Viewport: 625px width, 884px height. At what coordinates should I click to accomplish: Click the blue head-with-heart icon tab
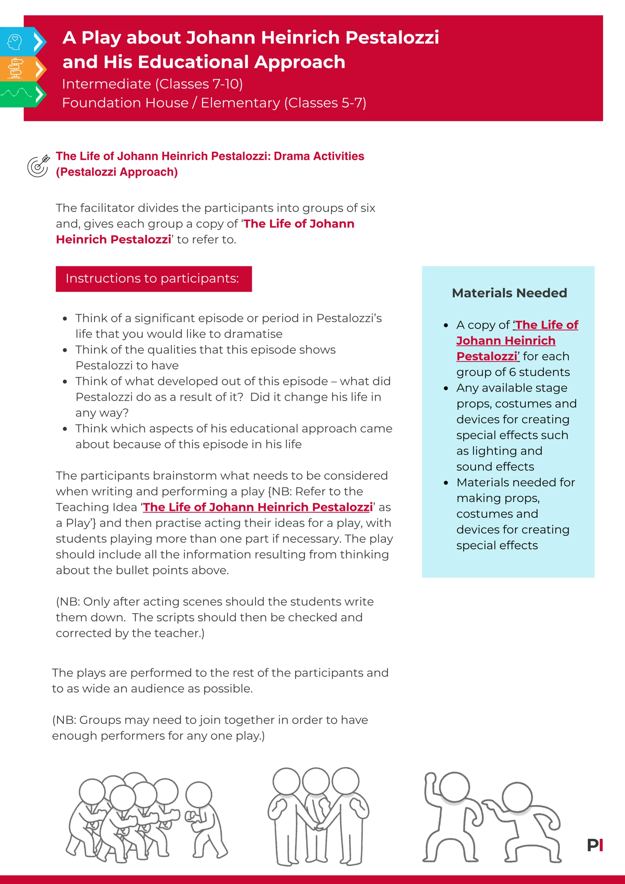coord(15,42)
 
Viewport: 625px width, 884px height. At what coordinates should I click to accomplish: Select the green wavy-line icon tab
coord(16,93)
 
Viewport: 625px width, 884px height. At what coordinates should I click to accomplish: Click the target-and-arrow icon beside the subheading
coord(38,166)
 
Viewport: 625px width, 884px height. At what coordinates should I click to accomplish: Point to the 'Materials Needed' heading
coord(509,293)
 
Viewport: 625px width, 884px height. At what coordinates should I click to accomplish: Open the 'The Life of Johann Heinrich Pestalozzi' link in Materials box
coord(517,340)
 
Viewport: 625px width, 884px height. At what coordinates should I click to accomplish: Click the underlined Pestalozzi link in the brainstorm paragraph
coord(257,507)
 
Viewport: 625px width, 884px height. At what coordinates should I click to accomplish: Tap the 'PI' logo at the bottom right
coord(595,845)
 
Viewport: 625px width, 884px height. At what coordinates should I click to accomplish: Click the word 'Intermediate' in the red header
coord(106,84)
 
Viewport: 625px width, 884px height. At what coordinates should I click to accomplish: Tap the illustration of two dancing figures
coord(492,818)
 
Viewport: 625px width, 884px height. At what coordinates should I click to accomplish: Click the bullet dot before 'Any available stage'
coord(446,388)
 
